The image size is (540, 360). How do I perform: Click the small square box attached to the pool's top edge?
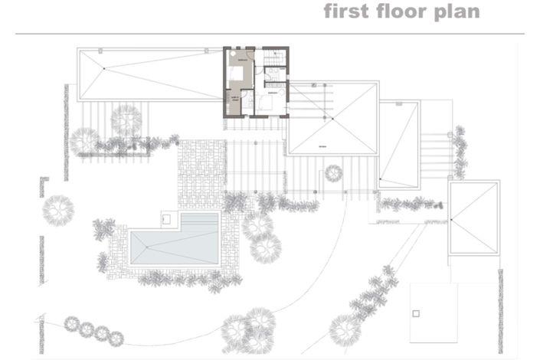(x=166, y=220)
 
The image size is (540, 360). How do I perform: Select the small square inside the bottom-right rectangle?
(x=416, y=313)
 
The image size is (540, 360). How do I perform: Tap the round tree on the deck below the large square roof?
(x=333, y=172)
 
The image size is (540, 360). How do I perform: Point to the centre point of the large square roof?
(x=331, y=118)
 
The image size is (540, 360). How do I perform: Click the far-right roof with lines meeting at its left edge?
(x=474, y=218)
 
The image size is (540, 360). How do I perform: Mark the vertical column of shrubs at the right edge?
(x=460, y=152)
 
